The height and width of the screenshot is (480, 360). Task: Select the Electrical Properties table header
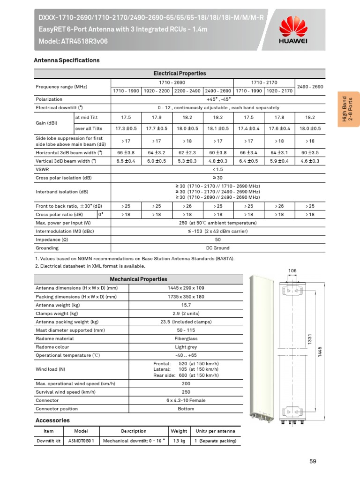click(180, 74)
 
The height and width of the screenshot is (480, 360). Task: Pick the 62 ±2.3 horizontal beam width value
click(187, 152)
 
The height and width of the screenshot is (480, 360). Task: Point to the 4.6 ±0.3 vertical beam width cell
click(310, 161)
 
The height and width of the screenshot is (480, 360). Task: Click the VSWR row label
click(43, 169)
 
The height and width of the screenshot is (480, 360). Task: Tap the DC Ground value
click(217, 248)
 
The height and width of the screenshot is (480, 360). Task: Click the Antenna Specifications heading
click(67, 60)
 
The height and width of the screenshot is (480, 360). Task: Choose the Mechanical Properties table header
click(138, 279)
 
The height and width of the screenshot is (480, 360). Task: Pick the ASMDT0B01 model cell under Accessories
click(81, 441)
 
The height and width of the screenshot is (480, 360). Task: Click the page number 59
click(313, 461)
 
